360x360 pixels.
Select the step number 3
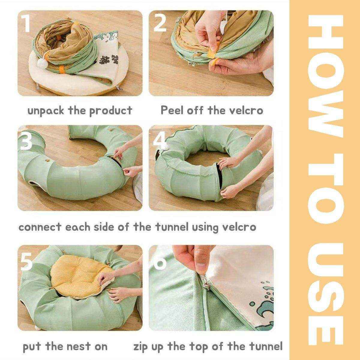26,141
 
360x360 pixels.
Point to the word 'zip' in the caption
141,347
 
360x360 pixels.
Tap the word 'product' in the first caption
111,111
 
